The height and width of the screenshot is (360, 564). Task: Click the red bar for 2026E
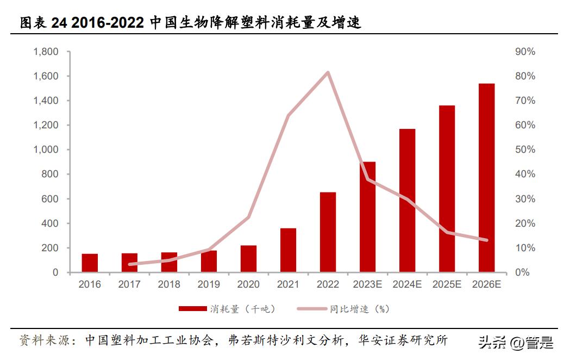point(486,178)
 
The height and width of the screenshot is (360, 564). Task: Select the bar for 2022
point(328,232)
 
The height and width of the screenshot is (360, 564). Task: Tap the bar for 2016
point(90,263)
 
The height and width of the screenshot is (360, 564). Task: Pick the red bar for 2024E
point(407,201)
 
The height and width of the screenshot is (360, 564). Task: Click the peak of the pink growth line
point(328,72)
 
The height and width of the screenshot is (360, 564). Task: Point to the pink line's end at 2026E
point(486,240)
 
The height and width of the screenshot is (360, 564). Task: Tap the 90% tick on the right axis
point(525,52)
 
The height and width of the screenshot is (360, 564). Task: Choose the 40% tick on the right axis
point(525,174)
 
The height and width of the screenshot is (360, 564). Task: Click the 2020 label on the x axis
point(248,284)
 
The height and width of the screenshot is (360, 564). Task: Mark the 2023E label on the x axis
point(367,284)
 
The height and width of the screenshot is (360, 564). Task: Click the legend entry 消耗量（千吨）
point(228,309)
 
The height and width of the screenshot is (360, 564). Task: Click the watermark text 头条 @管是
point(515,343)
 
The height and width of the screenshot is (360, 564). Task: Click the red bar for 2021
point(288,250)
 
